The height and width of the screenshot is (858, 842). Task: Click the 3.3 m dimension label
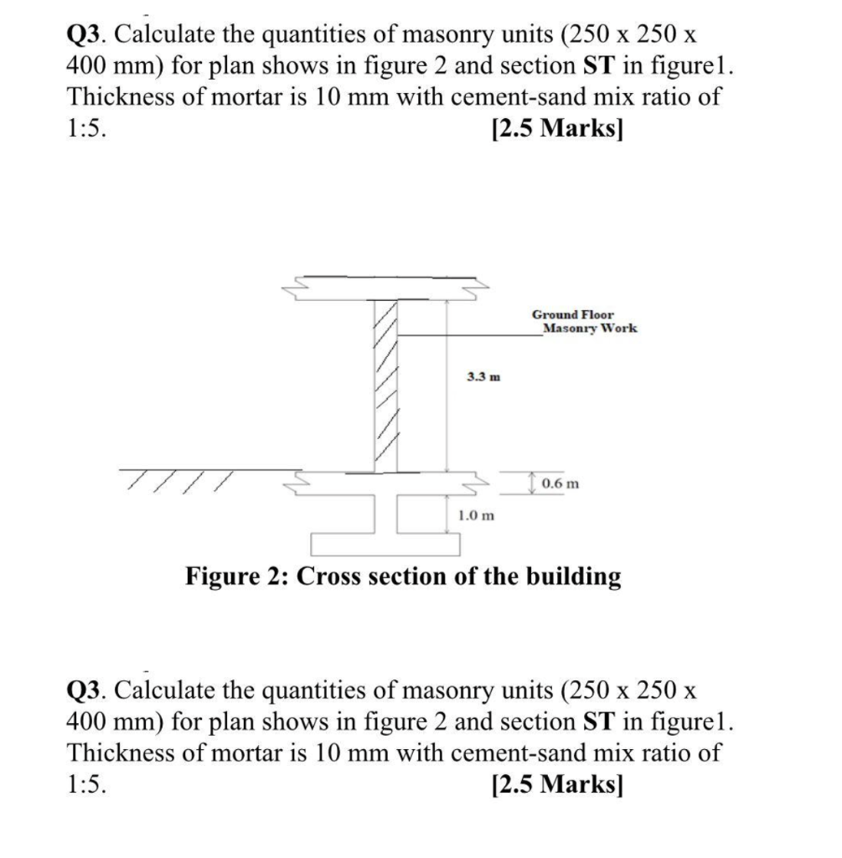[483, 377]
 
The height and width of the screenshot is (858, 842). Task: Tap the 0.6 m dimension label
[560, 483]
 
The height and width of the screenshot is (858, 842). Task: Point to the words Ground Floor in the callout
[572, 314]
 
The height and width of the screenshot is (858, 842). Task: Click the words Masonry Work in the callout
[590, 328]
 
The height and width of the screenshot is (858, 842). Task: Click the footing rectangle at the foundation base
[385, 544]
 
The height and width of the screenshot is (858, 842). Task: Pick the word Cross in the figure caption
[333, 576]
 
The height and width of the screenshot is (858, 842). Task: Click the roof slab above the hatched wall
[385, 287]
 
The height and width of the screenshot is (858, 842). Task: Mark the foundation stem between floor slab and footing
[385, 514]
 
